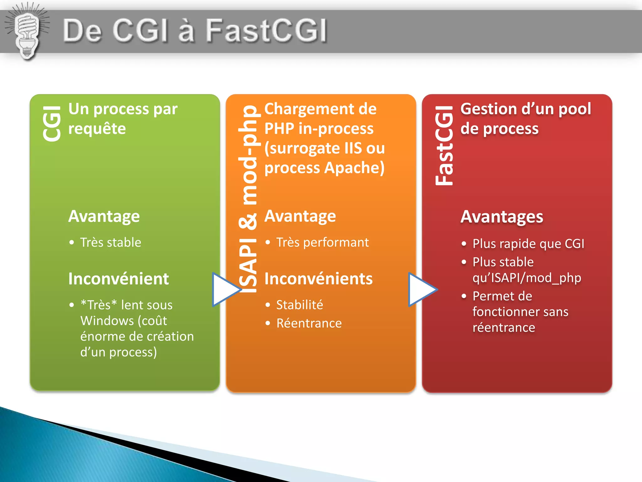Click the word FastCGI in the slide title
tap(266, 30)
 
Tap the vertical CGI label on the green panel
tap(52, 123)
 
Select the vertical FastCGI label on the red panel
tap(444, 146)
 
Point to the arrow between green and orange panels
tap(225, 289)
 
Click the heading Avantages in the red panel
tap(502, 217)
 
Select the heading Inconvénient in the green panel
tap(118, 279)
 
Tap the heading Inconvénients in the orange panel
tap(318, 279)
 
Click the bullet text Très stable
tap(110, 243)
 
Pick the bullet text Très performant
tap(322, 243)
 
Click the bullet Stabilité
tap(299, 305)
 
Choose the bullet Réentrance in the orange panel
tap(309, 323)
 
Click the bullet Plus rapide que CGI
tap(528, 244)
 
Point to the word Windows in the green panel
tap(107, 321)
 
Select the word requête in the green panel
tap(97, 129)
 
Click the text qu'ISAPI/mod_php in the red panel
tap(527, 278)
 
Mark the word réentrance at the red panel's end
tap(504, 328)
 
